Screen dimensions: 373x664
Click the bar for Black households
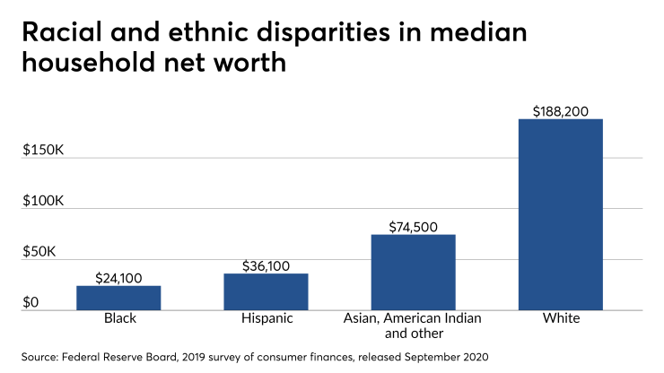[x=118, y=298]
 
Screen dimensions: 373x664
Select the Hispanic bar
[x=266, y=291]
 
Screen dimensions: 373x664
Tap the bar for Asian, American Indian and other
[x=413, y=272]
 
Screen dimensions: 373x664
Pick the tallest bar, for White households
[x=561, y=215]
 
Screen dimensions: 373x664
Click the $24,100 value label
[x=118, y=278]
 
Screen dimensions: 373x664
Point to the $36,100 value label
[x=266, y=266]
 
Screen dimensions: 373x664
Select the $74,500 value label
[x=413, y=227]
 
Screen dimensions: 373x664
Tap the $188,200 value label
[x=561, y=110]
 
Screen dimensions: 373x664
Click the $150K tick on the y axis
[x=43, y=149]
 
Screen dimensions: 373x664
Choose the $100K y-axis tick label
[x=43, y=200]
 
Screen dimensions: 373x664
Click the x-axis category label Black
[x=118, y=319]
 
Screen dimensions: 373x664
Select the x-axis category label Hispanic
[x=266, y=319]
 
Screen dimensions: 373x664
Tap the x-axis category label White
[x=561, y=319]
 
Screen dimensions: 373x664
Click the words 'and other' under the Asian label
[x=413, y=334]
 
